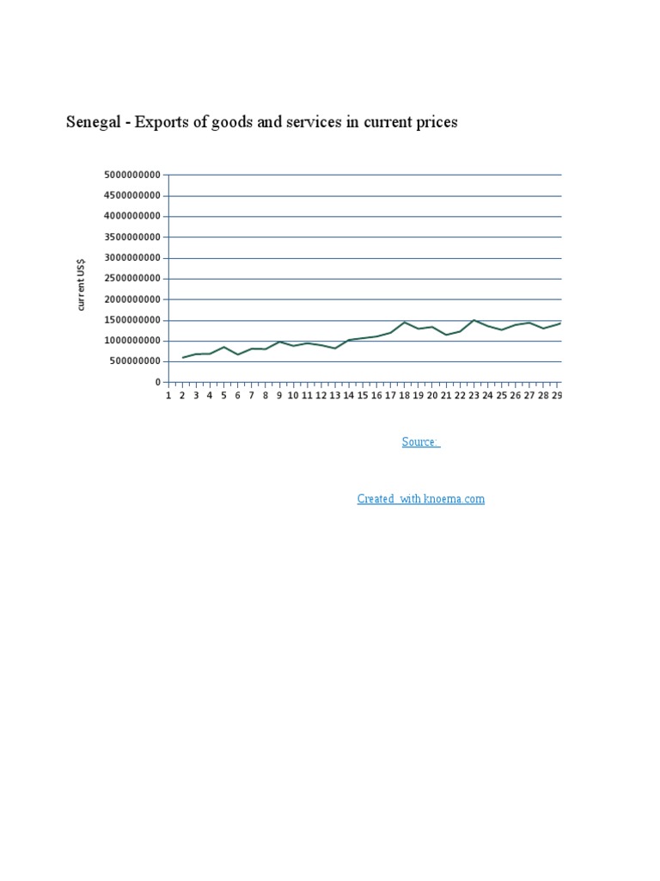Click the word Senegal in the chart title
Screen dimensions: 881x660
click(95, 122)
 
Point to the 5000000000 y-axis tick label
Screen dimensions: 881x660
click(132, 175)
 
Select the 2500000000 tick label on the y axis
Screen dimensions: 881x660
click(132, 279)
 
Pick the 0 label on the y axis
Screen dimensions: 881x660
click(158, 382)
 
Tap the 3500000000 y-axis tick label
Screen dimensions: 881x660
click(132, 237)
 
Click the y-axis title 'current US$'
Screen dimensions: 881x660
click(82, 284)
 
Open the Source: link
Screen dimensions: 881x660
click(420, 442)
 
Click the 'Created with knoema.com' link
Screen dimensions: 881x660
click(420, 499)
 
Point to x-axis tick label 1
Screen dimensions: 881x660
click(168, 396)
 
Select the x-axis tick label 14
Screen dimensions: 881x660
click(349, 396)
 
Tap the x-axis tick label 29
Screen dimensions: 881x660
click(557, 396)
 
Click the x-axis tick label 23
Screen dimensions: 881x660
click(474, 396)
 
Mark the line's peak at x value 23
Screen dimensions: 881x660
click(474, 320)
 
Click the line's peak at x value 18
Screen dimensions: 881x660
click(405, 322)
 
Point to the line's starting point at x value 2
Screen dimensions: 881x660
click(182, 358)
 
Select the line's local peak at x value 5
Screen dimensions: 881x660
click(224, 347)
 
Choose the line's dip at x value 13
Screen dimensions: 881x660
click(335, 348)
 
